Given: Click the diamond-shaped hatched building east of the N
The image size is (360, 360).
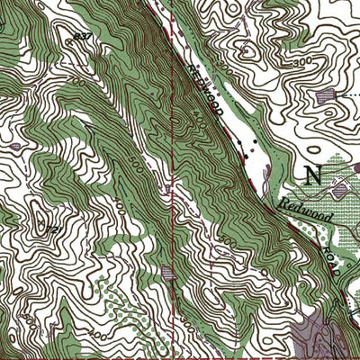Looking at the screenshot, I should tap(340, 189).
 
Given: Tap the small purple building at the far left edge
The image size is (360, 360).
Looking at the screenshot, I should tap(15, 145).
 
